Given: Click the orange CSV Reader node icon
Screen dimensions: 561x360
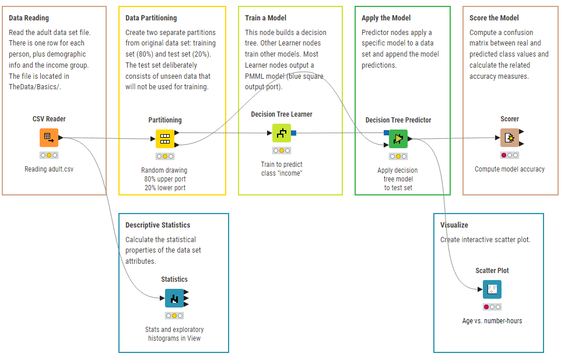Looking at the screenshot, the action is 49,138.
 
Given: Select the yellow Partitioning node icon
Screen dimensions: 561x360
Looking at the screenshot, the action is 165,139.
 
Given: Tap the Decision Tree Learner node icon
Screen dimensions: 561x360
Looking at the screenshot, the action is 282,133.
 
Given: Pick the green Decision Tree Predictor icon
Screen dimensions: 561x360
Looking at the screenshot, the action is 398,139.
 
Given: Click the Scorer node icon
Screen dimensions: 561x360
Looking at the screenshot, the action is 510,138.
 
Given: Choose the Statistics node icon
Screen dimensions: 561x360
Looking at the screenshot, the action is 174,298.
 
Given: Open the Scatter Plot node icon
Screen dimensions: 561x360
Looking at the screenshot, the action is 492,289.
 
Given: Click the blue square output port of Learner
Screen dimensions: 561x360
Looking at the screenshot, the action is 294,133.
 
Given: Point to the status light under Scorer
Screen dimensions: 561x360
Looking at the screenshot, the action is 510,155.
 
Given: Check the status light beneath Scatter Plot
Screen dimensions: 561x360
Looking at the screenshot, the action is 492,307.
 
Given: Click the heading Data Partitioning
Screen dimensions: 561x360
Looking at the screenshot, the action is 151,18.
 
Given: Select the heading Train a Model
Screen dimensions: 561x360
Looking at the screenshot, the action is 265,18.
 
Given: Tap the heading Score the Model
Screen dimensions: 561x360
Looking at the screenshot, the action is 494,18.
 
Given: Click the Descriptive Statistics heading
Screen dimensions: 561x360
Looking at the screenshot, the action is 158,225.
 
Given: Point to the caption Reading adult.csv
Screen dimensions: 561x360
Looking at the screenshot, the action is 49,169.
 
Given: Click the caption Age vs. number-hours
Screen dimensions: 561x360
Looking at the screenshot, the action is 492,321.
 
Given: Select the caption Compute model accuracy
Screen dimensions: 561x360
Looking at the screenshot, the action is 510,169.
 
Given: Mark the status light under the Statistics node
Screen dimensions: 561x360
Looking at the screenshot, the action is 174,316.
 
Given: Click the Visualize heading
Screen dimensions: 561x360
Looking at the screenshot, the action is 454,225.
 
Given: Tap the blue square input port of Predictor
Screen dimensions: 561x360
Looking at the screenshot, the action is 387,133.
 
